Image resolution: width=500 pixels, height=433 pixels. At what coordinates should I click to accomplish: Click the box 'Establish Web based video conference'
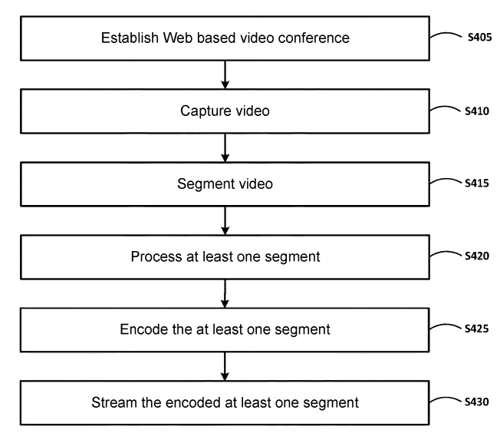coord(225,38)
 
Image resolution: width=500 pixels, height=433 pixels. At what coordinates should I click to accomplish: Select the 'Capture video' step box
coord(225,111)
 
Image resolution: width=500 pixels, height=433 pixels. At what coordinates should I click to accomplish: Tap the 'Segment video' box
coord(225,184)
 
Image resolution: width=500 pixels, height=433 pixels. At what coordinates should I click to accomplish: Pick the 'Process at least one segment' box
coord(225,257)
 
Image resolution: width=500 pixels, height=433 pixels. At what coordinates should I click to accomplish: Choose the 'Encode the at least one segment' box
coord(225,329)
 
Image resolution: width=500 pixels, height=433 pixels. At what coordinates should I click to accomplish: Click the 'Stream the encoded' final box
coord(225,402)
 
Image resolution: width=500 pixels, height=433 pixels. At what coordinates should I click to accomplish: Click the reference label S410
coord(476,111)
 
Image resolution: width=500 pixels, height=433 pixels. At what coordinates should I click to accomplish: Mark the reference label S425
coord(476,327)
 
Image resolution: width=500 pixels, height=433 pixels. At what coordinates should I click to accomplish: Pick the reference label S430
coord(476,400)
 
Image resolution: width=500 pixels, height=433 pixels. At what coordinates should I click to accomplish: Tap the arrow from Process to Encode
coord(225,293)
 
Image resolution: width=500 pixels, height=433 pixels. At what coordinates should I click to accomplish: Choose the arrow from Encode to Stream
coord(225,366)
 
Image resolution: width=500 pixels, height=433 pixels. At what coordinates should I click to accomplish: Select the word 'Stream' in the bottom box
coord(112,402)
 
